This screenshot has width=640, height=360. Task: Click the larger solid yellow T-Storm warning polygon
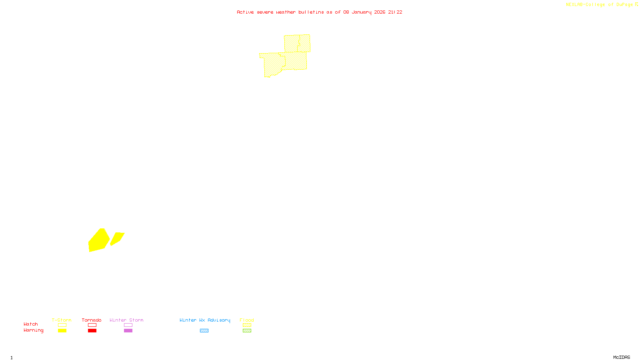coord(98,241)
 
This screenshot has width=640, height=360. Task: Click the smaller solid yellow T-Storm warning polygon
coord(117,238)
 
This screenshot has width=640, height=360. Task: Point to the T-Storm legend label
coord(62,320)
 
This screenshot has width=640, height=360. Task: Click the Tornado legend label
coord(92,320)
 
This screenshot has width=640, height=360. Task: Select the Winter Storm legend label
coord(126,320)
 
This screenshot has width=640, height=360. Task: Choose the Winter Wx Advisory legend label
coord(205,320)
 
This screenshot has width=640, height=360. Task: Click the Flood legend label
coord(247,320)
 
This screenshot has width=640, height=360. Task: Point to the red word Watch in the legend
coord(31,324)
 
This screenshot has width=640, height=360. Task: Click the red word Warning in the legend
coord(33,330)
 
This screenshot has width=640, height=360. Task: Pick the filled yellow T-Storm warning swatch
coord(62,331)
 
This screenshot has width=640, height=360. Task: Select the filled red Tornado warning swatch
coord(92,331)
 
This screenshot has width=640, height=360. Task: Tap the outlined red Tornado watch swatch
coord(92,325)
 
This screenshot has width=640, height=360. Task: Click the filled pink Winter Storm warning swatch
coord(128,331)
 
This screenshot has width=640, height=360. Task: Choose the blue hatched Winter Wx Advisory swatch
coord(204,331)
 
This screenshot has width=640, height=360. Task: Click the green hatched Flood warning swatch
coord(247,331)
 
